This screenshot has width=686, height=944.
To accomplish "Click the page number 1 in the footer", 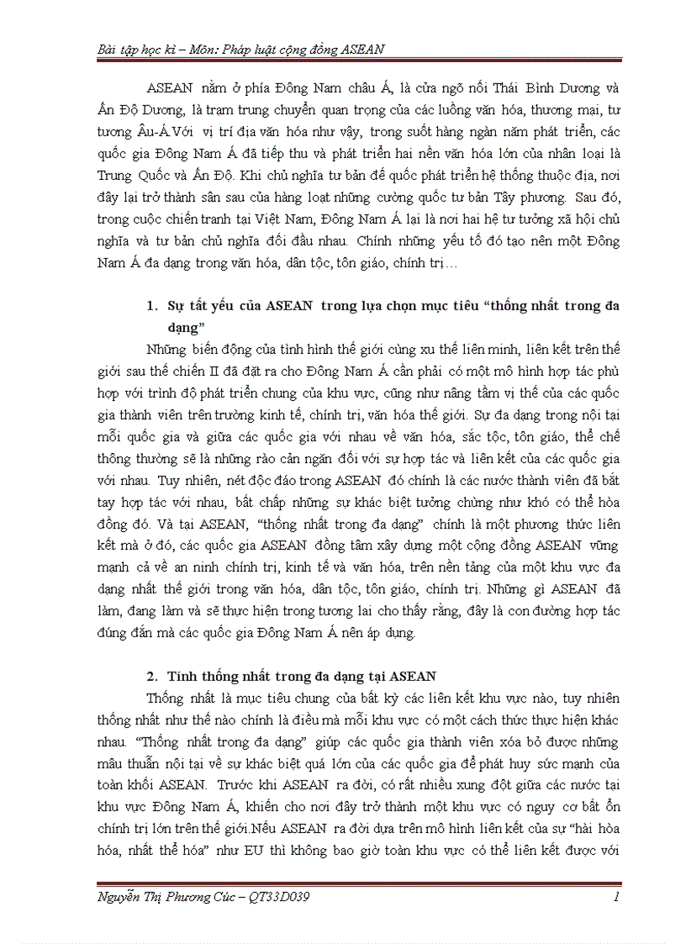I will pos(616,897).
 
